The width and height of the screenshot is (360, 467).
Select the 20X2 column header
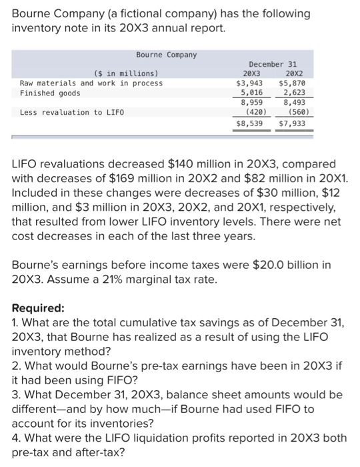[x=291, y=73]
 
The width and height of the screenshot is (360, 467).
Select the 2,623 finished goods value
[x=294, y=93]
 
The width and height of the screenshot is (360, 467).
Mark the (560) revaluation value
[x=294, y=112]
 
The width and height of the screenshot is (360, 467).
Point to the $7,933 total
[x=291, y=123]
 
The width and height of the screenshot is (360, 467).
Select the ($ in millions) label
[x=127, y=73]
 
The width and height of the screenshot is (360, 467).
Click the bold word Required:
[x=39, y=309]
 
